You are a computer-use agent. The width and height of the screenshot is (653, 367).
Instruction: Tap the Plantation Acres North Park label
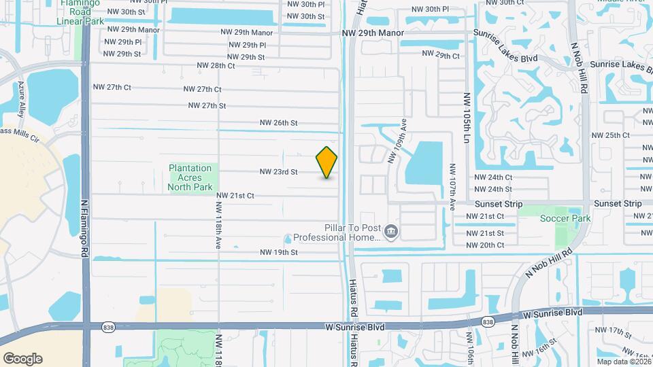[190, 177]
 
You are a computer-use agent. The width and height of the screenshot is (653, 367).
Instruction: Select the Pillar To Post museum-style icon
[391, 233]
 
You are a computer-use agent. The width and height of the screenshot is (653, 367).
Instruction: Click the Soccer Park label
[565, 218]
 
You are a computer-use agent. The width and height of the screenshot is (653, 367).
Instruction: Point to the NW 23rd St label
[278, 172]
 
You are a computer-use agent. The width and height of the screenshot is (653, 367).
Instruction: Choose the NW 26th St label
[278, 123]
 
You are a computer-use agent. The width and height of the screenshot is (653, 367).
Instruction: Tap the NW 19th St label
[278, 252]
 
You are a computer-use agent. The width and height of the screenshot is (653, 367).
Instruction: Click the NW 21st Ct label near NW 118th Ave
[235, 196]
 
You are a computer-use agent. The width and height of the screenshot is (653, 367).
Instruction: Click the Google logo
[22, 358]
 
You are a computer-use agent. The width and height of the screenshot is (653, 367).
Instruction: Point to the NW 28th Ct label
[215, 66]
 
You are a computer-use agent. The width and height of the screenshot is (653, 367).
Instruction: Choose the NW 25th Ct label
[610, 135]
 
